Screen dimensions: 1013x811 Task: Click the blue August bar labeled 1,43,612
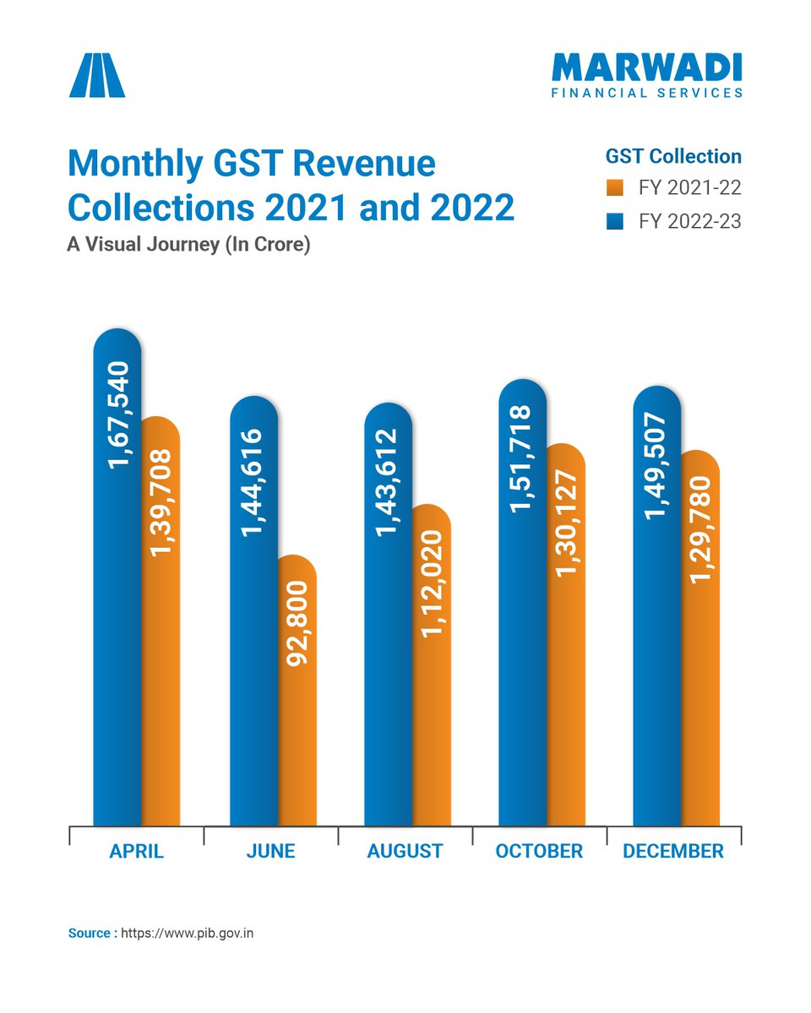[388, 616]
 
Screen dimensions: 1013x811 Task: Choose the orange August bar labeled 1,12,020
[432, 667]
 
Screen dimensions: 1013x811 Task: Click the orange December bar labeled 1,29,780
[701, 642]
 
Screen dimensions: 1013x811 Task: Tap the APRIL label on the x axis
[136, 851]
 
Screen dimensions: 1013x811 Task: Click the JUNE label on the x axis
[270, 851]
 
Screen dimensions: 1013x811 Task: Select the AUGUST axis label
[405, 851]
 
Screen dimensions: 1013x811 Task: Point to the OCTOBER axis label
[539, 851]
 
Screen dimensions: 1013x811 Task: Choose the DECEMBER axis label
[673, 851]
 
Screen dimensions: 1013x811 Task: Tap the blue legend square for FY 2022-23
[615, 222]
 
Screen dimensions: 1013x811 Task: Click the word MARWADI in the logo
[646, 68]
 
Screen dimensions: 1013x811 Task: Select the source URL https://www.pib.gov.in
[188, 933]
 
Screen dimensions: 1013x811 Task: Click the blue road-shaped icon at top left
[97, 75]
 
